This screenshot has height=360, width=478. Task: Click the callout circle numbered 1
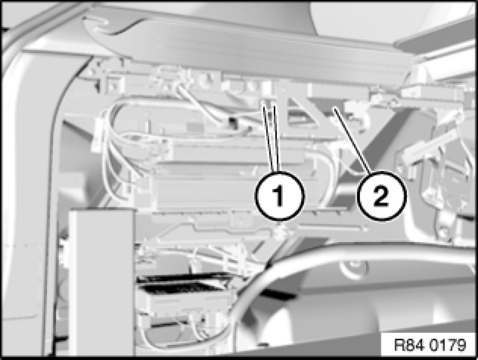point(280,196)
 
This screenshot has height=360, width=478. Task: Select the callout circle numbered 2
point(381,196)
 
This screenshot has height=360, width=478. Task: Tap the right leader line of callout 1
point(276,138)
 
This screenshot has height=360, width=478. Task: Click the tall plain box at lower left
point(102,282)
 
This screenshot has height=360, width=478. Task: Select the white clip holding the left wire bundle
point(98,134)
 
